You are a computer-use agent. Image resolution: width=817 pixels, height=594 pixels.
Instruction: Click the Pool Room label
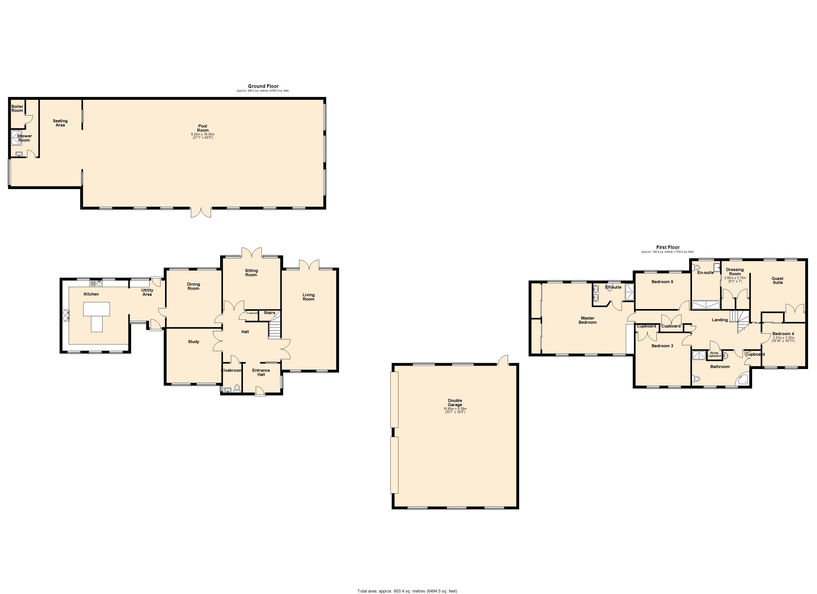[x=203, y=128]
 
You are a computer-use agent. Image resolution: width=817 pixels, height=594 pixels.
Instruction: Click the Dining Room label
[x=193, y=286]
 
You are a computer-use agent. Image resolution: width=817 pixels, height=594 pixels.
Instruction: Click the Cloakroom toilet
[x=237, y=388]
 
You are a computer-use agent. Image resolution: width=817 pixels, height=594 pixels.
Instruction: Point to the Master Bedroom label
[x=587, y=320]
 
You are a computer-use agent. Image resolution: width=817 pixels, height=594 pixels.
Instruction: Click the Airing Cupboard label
[x=714, y=354]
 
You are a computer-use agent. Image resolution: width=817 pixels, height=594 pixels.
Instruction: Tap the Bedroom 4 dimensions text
[x=783, y=339]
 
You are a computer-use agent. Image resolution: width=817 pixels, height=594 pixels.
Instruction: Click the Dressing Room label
[x=735, y=272]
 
